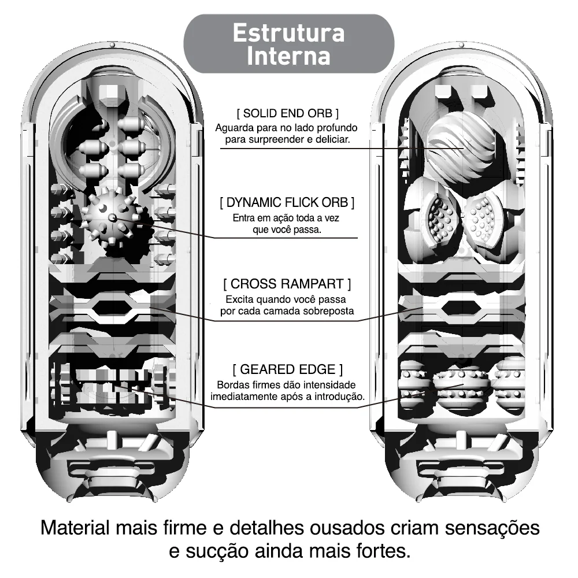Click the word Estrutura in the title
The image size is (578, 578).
click(288, 33)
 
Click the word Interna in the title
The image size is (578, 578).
click(288, 56)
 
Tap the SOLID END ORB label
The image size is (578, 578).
click(287, 113)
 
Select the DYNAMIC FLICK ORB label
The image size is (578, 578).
click(287, 202)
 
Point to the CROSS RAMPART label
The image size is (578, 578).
click(287, 284)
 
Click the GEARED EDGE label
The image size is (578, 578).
click(287, 369)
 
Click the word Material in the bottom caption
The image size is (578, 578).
click(75, 528)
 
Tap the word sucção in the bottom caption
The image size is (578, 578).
click(212, 551)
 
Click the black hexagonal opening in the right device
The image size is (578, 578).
click(461, 309)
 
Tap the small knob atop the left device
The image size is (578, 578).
click(112, 45)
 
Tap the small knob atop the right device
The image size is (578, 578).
click(461, 45)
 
